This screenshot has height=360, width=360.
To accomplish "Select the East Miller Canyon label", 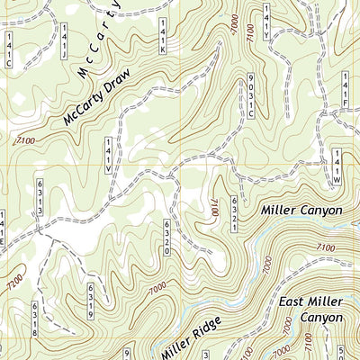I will pos(310,310).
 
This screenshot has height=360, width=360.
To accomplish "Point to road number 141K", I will pos(162,35).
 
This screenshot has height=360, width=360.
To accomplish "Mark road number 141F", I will pos(345,92).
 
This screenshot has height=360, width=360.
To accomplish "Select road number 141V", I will pos(107,156).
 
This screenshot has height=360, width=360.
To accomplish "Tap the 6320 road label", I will pos(167,238).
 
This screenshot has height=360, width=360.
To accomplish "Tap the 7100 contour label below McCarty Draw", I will pos(25,139).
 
